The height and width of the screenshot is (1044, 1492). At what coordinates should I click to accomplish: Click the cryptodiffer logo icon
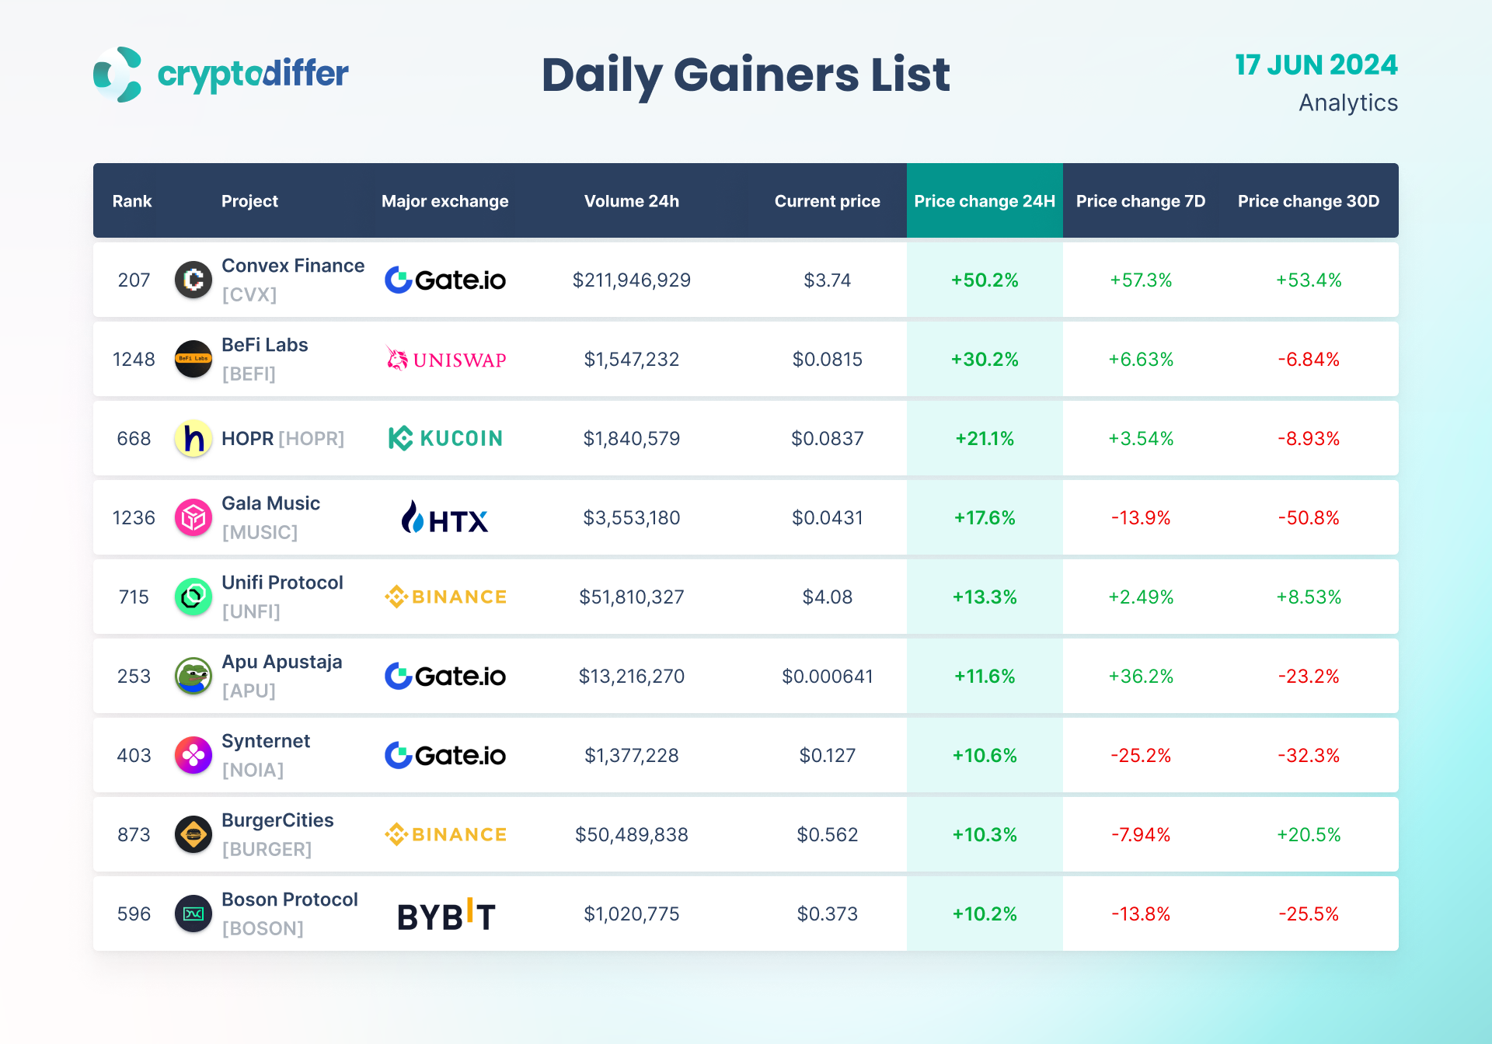coord(117,75)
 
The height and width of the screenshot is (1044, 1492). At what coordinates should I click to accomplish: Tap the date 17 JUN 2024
coord(1316,65)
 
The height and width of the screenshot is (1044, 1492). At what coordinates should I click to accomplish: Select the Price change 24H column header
coord(985,201)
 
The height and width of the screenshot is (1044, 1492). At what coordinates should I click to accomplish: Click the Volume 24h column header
coord(631,201)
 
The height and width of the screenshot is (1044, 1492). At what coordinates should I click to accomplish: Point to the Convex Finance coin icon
coord(193,280)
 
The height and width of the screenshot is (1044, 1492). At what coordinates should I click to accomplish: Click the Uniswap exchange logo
coord(446,359)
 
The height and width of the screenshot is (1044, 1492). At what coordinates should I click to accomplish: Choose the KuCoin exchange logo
coord(445,438)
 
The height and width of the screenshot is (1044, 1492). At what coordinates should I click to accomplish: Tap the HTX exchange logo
coord(444,518)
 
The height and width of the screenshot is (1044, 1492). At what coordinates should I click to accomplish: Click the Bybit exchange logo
coord(446,915)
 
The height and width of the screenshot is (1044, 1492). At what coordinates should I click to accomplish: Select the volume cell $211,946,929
coord(631,280)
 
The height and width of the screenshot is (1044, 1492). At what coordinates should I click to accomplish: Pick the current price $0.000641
coord(827,677)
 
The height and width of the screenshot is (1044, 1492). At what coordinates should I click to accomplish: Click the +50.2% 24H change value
coord(984,280)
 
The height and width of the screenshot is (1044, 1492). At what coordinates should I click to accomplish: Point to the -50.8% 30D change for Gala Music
coord(1308,518)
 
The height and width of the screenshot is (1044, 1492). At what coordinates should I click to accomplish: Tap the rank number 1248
coord(134,360)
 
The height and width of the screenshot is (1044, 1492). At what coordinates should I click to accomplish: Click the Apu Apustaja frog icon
coord(193,676)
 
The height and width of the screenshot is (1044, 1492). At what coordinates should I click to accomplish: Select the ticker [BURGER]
coord(267,849)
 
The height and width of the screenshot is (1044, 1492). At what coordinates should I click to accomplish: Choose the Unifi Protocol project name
coord(282,583)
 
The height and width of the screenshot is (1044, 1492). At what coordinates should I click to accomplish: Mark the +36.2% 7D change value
coord(1140,677)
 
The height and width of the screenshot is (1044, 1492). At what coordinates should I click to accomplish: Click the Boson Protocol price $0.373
coord(827,914)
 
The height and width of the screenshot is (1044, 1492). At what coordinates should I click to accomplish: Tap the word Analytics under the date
coord(1347,103)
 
